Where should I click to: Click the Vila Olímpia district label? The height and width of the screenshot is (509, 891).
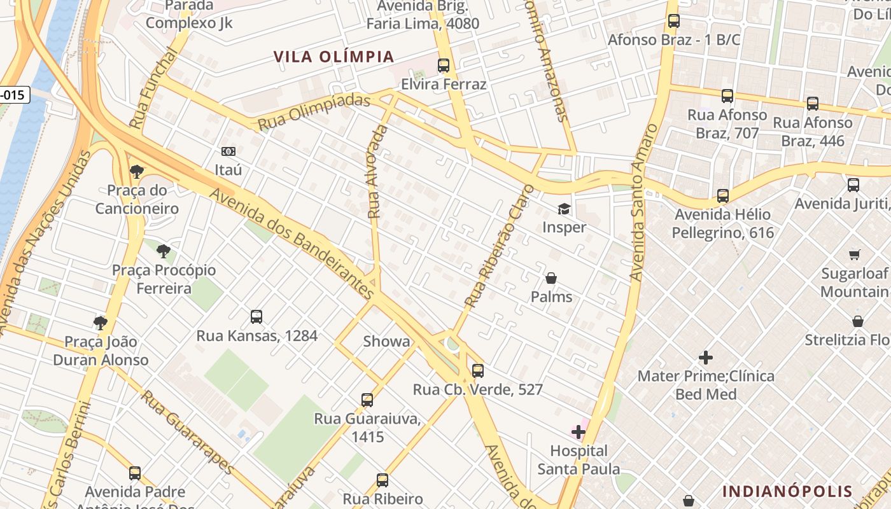coord(334,57)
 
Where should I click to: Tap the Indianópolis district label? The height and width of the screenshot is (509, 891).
coord(787,491)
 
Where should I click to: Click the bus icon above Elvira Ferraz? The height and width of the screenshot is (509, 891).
coord(444,66)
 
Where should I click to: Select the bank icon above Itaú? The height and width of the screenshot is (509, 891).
coord(228,151)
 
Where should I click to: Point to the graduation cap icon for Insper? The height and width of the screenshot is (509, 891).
coord(564,209)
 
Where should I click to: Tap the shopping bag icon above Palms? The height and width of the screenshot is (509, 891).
coord(551,278)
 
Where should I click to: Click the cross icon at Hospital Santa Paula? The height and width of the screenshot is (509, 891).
coord(578,433)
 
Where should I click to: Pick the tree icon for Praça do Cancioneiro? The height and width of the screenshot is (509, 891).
coord(136,171)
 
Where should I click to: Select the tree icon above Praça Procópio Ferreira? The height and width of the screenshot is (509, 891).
coord(164,251)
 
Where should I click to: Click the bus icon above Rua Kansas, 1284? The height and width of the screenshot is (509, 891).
coord(256,316)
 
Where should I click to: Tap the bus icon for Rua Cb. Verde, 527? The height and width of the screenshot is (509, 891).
coord(478,370)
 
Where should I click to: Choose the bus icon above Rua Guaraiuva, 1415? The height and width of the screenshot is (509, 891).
coord(367,400)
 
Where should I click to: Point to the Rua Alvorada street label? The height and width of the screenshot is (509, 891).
coord(377,172)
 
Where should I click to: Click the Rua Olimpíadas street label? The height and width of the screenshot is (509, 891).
coord(314,113)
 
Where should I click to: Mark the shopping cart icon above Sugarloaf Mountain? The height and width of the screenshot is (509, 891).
coord(855,254)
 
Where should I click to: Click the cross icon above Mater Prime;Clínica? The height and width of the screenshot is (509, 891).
coord(706,357)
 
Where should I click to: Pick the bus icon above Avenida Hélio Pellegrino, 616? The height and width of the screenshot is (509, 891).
coord(723,195)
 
